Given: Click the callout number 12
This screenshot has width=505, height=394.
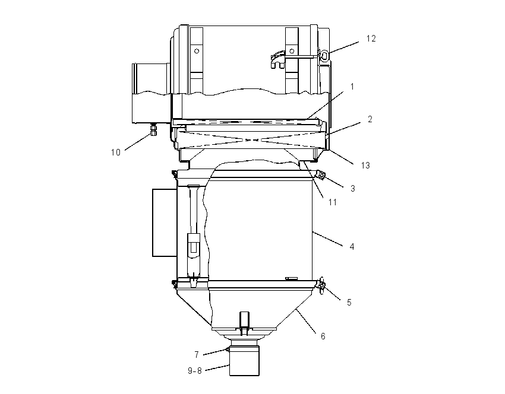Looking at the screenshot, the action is point(371,39).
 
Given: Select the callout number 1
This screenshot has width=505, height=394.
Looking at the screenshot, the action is point(352,87).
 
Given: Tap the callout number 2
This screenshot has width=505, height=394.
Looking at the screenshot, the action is point(370,119).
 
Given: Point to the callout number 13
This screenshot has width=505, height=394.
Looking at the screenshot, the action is point(365,166).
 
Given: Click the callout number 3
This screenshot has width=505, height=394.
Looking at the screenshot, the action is point(353,189).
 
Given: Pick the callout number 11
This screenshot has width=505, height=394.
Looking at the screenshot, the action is point(332,202).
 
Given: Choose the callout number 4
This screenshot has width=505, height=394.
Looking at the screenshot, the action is point(352,247).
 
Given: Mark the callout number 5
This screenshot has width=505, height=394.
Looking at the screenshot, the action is point(349,303).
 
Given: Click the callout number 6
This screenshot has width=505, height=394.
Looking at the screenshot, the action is point(323,336).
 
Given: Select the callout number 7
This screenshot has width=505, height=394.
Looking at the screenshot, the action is point(197,354).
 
